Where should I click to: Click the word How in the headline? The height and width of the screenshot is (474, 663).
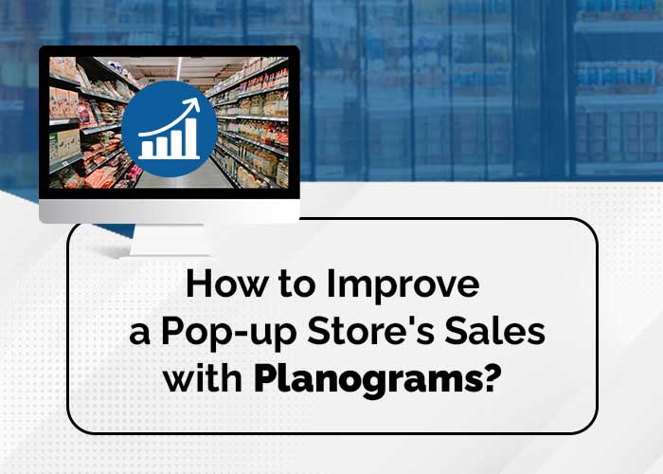point(226,283)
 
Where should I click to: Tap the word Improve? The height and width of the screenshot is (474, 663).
point(403,286)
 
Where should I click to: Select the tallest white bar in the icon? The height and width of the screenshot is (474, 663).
point(191,136)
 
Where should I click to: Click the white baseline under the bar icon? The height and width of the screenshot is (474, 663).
point(169,158)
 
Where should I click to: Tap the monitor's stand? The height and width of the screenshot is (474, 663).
point(170,240)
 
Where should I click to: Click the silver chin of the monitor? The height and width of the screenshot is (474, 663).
point(170,210)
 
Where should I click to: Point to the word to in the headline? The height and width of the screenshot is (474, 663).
point(296,284)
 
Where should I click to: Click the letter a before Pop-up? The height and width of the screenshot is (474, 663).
point(139,335)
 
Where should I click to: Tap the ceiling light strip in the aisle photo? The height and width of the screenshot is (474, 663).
point(179,68)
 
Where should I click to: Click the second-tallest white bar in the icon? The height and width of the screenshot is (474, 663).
point(176,142)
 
